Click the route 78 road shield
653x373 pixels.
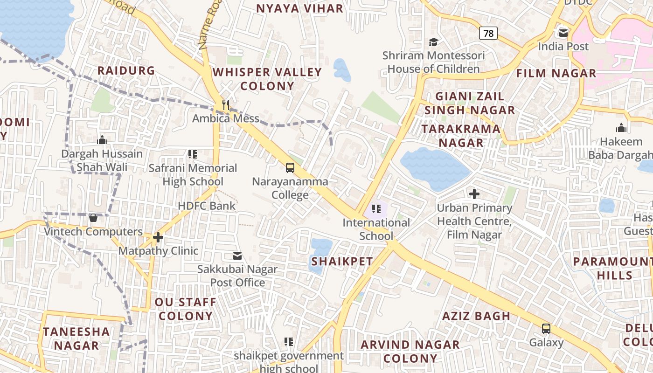coord(488,33)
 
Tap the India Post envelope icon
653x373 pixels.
coord(563,33)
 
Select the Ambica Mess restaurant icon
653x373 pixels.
coord(226,104)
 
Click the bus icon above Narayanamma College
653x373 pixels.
coord(290,167)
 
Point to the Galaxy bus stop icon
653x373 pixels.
coord(546,329)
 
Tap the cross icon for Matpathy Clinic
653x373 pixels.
coord(158,237)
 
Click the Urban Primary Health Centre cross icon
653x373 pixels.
coord(474,194)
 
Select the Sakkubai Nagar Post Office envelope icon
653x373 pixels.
coord(237,256)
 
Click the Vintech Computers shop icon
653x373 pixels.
coord(93,218)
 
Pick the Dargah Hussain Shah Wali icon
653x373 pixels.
coord(102,140)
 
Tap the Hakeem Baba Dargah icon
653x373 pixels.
coord(621,128)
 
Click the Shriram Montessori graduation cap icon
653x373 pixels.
coord(433,42)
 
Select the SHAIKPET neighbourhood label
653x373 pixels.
coord(342,262)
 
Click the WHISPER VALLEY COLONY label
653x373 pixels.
coord(267,79)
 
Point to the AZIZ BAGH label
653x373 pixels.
coord(476,316)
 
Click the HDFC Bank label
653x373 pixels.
coord(207,206)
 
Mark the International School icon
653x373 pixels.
coord(376,209)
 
